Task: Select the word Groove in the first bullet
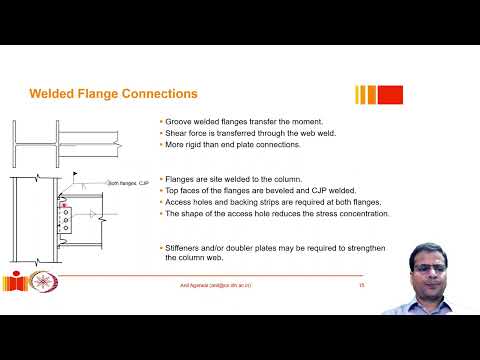pyautogui.click(x=178, y=121)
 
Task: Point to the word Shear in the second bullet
pyautogui.click(x=176, y=132)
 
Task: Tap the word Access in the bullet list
pyautogui.click(x=179, y=201)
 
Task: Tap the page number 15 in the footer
pyautogui.click(x=361, y=286)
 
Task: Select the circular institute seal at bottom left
pyautogui.click(x=43, y=285)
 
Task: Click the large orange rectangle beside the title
pyautogui.click(x=390, y=95)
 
